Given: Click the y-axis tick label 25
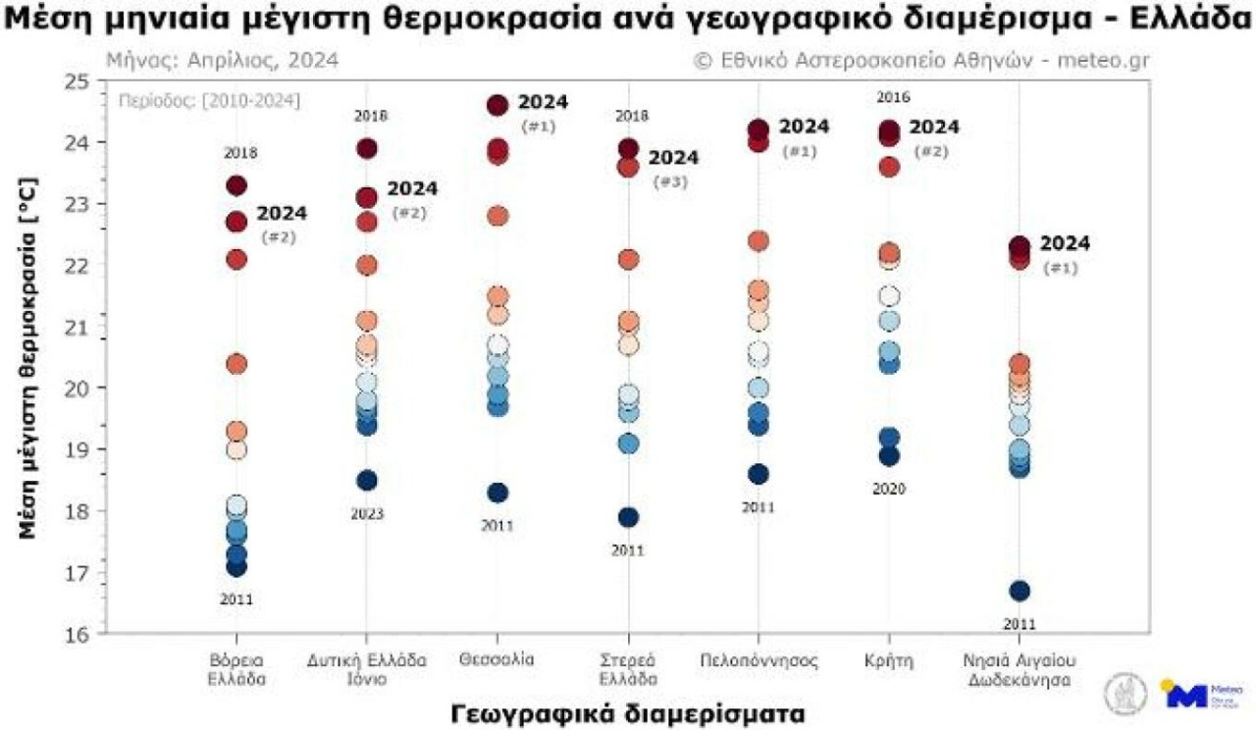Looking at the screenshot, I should [76, 81].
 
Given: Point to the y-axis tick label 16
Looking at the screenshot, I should [76, 634].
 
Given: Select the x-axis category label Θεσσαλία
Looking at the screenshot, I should [497, 659].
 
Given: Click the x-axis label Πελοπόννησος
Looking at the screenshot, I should [759, 659].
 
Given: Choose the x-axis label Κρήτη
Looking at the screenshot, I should [890, 659].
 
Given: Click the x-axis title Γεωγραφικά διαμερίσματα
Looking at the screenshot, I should [628, 712].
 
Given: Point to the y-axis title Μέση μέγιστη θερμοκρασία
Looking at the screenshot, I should [29, 357].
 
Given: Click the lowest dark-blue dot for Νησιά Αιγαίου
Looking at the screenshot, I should [1020, 591].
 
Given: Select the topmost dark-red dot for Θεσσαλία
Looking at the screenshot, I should [497, 106].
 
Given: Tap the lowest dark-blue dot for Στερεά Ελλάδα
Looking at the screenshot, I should [628, 517].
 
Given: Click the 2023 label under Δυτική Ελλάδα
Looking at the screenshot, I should [367, 514].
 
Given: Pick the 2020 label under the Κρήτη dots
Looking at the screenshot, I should [889, 489].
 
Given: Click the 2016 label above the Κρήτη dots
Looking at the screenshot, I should [893, 97].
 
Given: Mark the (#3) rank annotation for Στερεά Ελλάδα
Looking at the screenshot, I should [673, 181].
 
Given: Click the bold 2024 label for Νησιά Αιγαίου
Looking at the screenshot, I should [1065, 243].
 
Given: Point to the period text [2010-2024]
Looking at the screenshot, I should [209, 100].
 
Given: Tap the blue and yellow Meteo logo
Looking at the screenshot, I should [1189, 693].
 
